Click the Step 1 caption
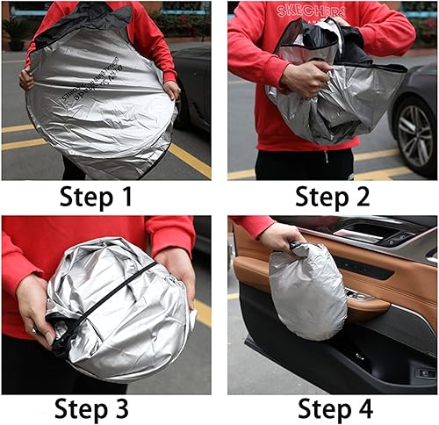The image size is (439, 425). click(97, 197)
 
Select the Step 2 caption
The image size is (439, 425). click(333, 197)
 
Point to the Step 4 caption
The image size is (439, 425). click(335, 408)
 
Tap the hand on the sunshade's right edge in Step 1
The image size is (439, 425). click(171, 89)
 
